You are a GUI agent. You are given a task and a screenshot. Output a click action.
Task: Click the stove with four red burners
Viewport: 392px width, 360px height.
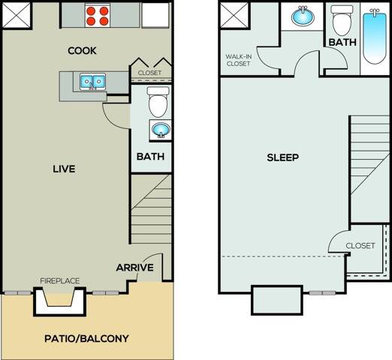pos(98,16)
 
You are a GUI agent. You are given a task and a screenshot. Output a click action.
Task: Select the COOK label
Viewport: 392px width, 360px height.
pos(83,51)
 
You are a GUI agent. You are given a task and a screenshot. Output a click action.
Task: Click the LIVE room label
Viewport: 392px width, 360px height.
pos(63,169)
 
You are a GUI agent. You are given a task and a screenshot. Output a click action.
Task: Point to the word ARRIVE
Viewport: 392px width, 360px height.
pos(134,267)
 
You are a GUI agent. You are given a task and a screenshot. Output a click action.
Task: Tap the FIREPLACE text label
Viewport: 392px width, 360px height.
pos(59,281)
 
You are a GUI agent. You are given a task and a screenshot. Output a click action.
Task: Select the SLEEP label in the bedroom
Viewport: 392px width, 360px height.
pos(283,157)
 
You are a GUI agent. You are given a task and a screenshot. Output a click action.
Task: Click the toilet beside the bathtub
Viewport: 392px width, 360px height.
pos(342,21)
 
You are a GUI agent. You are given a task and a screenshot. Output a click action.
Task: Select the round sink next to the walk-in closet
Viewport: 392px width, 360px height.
pos(304,17)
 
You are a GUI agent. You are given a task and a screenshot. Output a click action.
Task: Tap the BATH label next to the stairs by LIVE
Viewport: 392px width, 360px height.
pos(150,157)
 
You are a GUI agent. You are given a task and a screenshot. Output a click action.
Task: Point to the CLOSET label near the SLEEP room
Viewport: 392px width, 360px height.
pos(360,246)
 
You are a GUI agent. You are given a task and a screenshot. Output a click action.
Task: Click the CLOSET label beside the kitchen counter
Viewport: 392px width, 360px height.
pos(149,73)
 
